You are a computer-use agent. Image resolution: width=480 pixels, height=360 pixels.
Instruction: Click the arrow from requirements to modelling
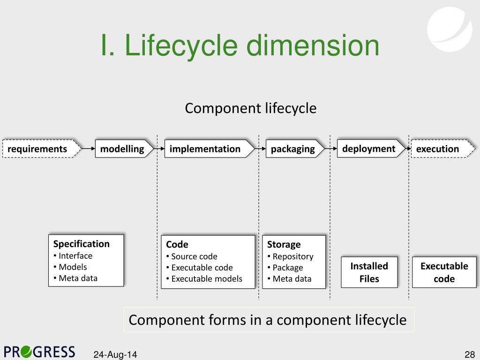pos(88,149)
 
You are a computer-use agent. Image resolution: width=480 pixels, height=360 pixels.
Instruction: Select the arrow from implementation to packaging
pos(260,149)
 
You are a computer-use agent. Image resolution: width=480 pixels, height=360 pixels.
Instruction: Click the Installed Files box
pos(369,272)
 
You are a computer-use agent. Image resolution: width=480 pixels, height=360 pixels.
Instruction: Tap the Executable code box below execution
pos(444,272)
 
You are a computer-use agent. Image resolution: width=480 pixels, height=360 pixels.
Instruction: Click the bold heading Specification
pos(81,244)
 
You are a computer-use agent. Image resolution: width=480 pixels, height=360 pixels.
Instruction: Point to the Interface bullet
pos(75,256)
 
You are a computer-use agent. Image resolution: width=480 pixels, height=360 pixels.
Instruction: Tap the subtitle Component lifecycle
pos(251,108)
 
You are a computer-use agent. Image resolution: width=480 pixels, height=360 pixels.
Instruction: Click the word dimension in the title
pos(313,46)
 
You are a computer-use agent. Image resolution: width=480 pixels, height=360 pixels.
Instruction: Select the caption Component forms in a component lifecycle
pos(268,320)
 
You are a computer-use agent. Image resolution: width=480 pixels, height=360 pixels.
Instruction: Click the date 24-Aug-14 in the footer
pos(115,354)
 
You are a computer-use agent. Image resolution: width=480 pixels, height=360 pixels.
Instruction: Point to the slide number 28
pos(470,354)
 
